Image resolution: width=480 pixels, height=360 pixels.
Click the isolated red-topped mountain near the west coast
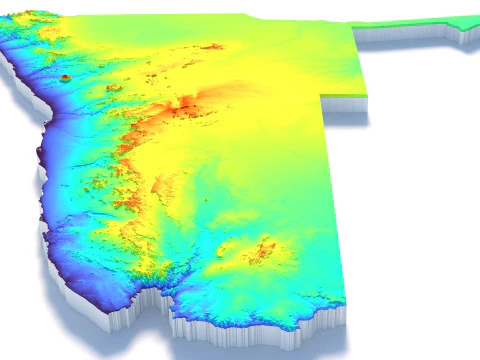click(x=66, y=76)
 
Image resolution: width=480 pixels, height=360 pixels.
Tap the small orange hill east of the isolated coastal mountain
click(x=112, y=87)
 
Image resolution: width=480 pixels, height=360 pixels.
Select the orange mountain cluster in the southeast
click(x=262, y=250)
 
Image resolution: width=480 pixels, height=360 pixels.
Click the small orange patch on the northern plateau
click(x=212, y=46)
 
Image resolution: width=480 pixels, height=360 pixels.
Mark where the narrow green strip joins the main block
click(x=357, y=28)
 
